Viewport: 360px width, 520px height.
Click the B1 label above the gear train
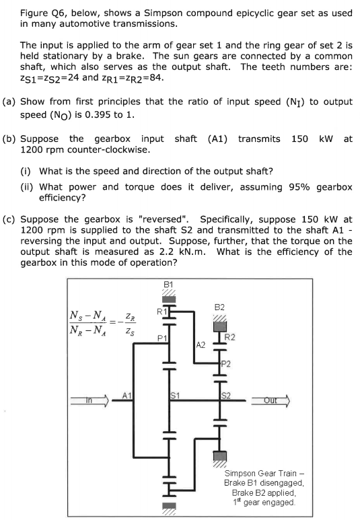click(x=168, y=285)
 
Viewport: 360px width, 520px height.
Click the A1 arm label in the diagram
click(x=126, y=396)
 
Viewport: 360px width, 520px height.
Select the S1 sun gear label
click(x=176, y=396)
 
